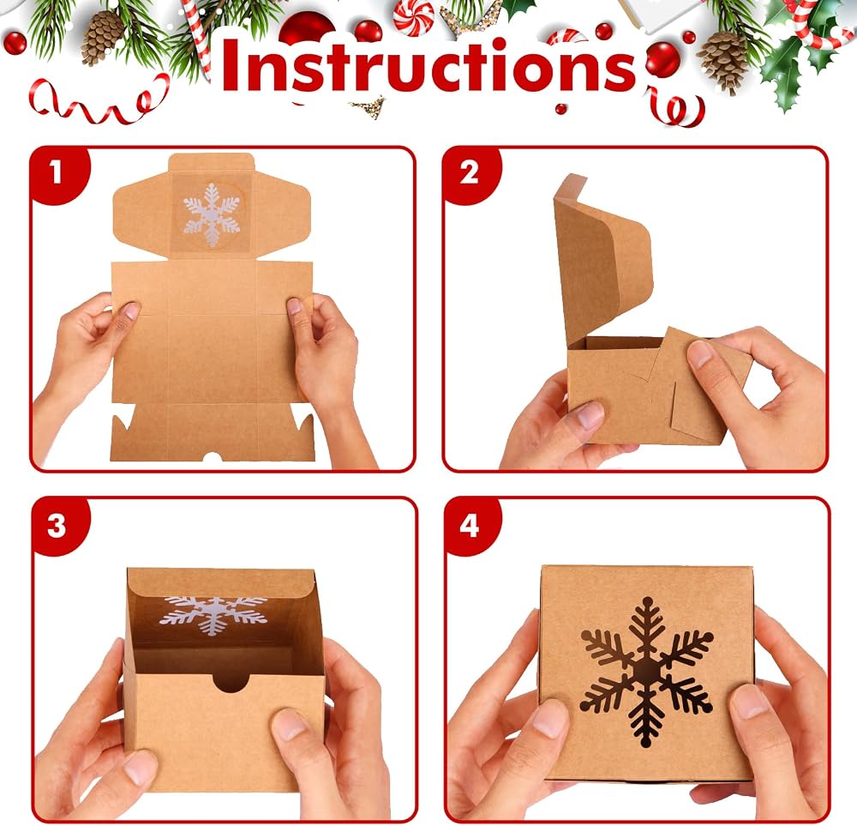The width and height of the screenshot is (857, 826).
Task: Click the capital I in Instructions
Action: point(231,64)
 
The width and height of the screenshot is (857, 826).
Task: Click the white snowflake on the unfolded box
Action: point(211,215)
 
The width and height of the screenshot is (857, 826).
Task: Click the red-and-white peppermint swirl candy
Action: point(413,17)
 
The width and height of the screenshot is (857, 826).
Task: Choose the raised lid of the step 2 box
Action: point(602,257)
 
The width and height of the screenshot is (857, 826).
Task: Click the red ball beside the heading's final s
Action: point(662,59)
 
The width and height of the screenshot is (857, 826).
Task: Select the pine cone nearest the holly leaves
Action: point(722,61)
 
